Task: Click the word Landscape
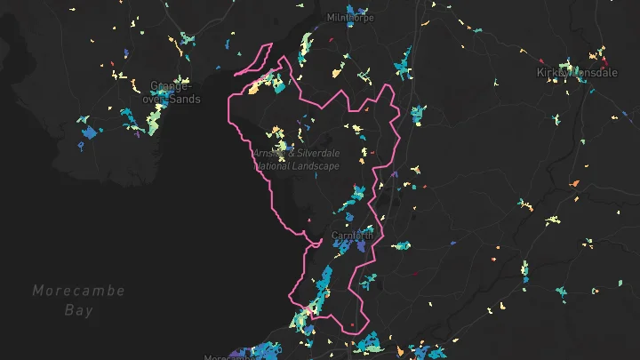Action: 317,165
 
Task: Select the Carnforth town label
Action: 352,236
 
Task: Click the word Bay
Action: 78,310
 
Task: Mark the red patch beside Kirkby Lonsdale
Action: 605,63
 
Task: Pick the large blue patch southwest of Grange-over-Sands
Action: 89,133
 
